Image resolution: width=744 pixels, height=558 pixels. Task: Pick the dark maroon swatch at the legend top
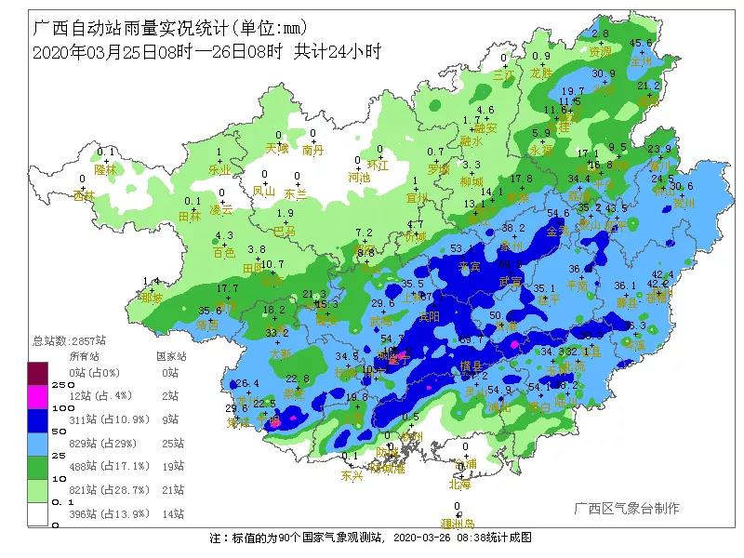click(38, 373)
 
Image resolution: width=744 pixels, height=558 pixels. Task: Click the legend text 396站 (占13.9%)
click(101, 513)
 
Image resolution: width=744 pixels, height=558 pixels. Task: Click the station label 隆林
click(106, 170)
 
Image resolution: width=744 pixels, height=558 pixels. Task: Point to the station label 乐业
click(219, 170)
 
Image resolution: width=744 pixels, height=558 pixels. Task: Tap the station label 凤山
click(264, 193)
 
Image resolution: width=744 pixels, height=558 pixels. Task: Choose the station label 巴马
click(284, 231)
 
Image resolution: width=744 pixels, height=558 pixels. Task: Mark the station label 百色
click(224, 252)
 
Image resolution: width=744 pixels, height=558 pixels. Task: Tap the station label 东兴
click(352, 475)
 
